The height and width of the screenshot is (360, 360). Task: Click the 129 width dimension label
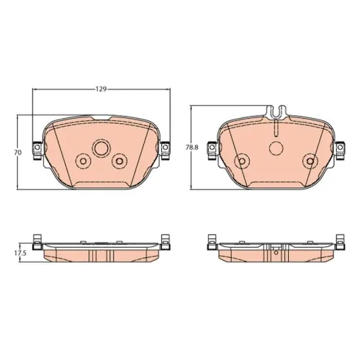point(101,89)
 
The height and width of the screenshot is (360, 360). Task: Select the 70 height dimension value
point(18,153)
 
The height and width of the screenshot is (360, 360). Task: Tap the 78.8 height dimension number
point(192,148)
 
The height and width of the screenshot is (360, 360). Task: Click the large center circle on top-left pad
point(102,148)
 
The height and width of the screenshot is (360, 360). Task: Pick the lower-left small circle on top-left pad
point(83,161)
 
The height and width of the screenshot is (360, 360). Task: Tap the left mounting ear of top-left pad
point(37,151)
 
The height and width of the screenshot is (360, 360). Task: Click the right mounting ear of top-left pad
point(165,151)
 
